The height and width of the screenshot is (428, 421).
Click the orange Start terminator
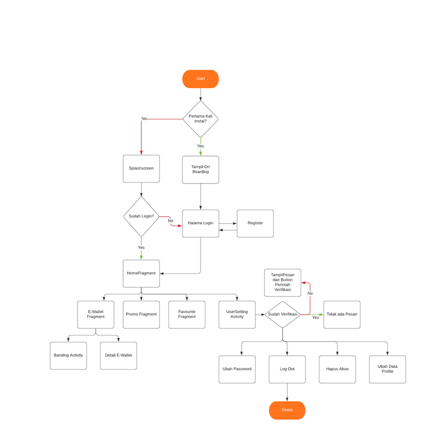point(200,79)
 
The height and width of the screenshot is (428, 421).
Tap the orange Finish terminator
point(287,410)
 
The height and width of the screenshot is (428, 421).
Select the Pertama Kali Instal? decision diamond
point(200,119)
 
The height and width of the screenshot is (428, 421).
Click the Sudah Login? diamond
point(141,216)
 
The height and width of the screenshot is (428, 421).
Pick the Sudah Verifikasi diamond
point(282,314)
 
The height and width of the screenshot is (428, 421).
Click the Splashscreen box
point(141,169)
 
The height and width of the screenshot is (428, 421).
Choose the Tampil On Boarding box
point(200,170)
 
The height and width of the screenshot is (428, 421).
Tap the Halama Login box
point(200,223)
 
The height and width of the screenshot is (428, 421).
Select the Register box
point(255,223)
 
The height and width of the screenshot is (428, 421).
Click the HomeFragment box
point(141,273)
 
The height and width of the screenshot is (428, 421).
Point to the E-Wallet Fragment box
point(96,314)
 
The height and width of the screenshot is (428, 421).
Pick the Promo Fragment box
point(141,314)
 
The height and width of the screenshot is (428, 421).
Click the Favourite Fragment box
point(187,314)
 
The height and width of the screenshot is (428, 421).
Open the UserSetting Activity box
point(237,314)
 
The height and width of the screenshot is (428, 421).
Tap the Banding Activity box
point(68,355)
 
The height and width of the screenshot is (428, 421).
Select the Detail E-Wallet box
point(118,355)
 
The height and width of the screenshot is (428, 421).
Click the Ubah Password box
point(237,369)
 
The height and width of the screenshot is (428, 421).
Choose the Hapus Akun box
point(337,369)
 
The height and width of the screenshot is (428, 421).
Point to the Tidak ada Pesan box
point(342,314)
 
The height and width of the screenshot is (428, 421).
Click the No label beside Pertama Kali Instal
point(144,118)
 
